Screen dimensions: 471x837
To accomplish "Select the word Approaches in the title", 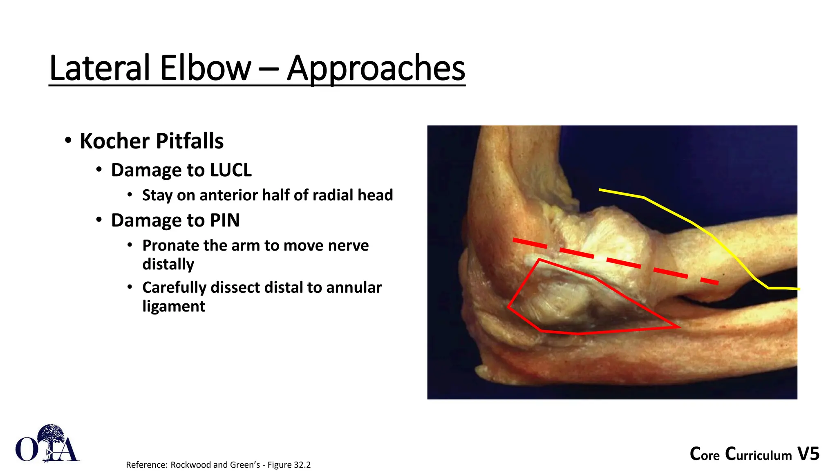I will pos(376,68).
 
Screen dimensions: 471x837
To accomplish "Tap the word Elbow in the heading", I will pos(206,68).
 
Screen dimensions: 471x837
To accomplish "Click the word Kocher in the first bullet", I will pos(115,141).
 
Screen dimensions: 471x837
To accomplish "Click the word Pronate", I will pos(170,245).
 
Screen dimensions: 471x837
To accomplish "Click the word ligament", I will pos(174,306).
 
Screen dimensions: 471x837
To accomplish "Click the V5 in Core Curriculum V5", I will pos(808,454).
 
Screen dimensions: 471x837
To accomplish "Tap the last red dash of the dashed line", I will pos(709,281).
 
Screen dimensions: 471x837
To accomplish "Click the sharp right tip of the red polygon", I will pos(678,327).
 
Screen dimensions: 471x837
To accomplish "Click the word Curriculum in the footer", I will pos(759,454).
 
